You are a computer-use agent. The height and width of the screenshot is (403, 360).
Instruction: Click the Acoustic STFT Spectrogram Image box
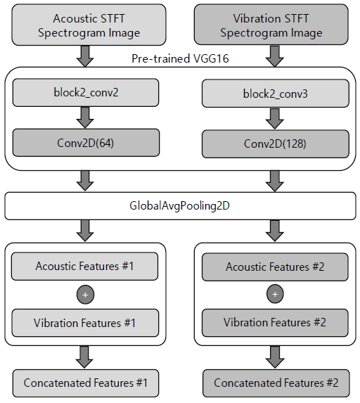(89, 25)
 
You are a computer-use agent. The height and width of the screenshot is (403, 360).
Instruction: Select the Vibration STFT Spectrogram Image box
(271, 25)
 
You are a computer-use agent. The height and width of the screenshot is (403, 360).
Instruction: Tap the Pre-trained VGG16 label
(180, 58)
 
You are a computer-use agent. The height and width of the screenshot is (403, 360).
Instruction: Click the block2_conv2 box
(86, 93)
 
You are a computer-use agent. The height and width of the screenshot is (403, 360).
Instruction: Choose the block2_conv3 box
(276, 94)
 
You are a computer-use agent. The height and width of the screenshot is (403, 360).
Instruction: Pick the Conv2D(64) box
(86, 143)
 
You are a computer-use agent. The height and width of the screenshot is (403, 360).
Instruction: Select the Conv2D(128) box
(276, 144)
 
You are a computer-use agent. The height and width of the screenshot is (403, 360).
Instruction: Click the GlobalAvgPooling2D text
(179, 206)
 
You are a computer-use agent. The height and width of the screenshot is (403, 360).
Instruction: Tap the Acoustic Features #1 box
(85, 267)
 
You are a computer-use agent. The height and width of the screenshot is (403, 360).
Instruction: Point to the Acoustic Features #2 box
(275, 267)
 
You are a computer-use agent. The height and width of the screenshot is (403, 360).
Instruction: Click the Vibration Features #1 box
(85, 323)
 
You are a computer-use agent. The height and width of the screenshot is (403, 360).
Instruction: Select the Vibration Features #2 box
(275, 323)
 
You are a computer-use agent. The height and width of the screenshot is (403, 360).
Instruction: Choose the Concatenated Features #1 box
(86, 383)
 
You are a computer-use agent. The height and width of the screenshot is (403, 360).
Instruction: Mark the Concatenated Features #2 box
(276, 383)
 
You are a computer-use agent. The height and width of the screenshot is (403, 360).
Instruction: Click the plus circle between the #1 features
(85, 295)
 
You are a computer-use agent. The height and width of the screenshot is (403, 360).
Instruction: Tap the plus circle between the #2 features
(275, 294)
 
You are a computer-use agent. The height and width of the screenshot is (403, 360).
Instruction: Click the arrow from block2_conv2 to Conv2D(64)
(85, 117)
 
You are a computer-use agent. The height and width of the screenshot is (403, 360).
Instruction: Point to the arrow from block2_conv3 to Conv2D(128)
(275, 119)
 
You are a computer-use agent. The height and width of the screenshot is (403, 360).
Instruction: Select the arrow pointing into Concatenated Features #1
(84, 357)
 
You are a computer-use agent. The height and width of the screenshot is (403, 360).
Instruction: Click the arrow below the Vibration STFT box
(275, 56)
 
